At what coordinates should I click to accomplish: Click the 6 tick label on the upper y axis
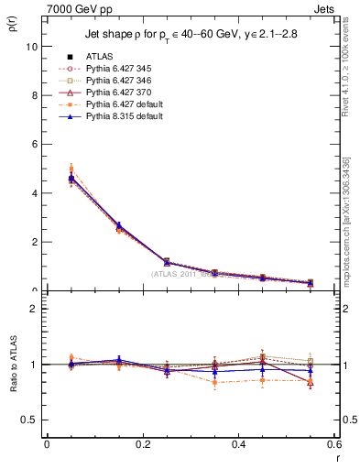tap(35, 144)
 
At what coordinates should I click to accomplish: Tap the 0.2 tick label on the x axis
tap(142, 443)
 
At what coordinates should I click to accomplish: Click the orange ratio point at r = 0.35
tap(214, 382)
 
